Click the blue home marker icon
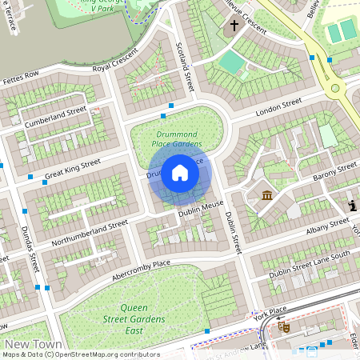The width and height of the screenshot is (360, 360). pyautogui.click(x=180, y=173)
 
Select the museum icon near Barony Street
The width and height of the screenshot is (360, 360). pyautogui.click(x=266, y=195)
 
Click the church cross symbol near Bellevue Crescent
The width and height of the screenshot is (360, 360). pyautogui.click(x=234, y=26)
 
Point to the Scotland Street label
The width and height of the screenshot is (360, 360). pyautogui.click(x=185, y=66)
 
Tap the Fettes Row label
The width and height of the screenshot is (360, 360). pyautogui.click(x=21, y=78)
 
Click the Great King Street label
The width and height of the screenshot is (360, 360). pyautogui.click(x=73, y=168)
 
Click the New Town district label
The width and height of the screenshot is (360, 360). pyautogui.click(x=29, y=344)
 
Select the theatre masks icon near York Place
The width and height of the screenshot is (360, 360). pyautogui.click(x=282, y=326)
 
